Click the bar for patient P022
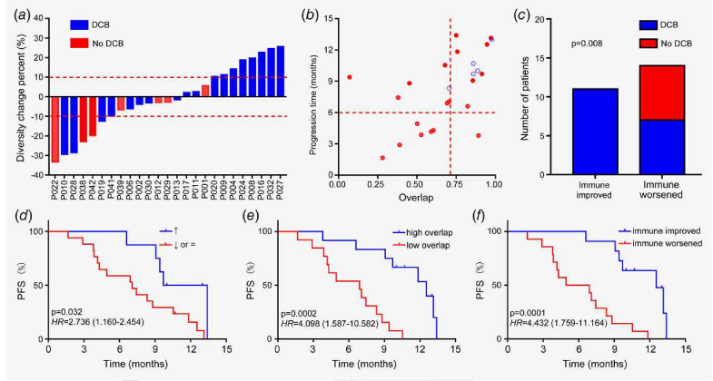54,129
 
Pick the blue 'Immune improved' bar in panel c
595,131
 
